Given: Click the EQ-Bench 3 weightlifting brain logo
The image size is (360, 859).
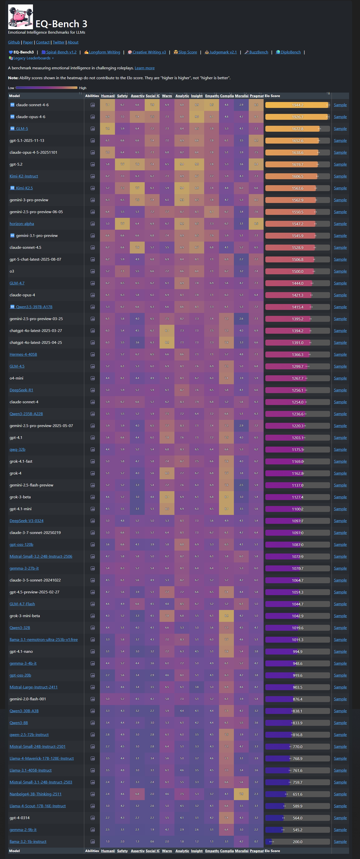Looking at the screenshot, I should tap(20, 17).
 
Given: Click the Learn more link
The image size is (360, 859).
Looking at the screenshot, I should tap(144, 68).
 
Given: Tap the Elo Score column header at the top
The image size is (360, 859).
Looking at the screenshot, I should tap(272, 96).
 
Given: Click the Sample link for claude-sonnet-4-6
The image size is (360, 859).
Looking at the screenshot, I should tap(340, 105).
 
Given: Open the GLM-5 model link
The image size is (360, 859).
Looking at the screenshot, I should tap(22, 129).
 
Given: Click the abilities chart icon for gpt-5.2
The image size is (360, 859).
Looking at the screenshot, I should tap(93, 164).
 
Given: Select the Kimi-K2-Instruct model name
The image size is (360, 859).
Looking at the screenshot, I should tap(24, 177).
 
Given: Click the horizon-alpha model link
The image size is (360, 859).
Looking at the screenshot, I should tap(22, 224).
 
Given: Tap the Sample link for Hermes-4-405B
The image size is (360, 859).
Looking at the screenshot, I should tap(340, 354).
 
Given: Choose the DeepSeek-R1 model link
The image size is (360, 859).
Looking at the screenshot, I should tap(21, 390).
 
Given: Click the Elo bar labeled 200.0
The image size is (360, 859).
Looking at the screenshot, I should tap(297, 842).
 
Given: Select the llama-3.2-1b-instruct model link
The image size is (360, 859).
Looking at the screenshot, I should tap(28, 842).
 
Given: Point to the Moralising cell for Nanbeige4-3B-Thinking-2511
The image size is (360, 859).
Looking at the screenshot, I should tap(241, 794).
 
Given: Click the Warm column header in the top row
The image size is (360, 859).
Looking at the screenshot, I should tap(167, 96).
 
